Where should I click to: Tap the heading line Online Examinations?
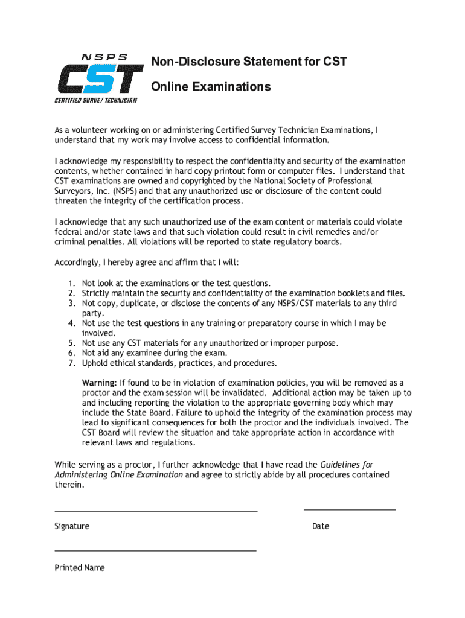211,87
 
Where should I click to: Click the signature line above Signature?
156,511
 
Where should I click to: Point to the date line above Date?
350,510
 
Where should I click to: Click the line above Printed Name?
155,551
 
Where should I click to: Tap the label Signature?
72,526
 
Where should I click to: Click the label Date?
321,526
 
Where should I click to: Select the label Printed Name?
80,568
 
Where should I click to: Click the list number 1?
71,284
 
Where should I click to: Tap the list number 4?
71,323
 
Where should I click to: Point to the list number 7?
71,363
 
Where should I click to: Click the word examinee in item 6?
135,353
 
